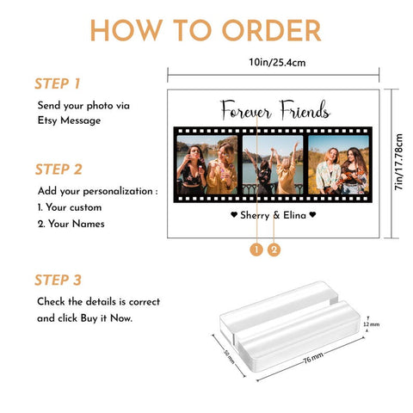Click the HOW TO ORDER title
point(206,30)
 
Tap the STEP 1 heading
point(57,83)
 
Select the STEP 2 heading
point(59,170)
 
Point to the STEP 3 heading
point(58,280)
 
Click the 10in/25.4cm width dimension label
point(277,62)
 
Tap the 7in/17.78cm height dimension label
point(398,162)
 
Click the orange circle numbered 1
point(256,250)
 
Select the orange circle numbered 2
point(274,250)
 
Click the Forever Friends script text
point(274,110)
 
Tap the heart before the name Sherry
point(234,214)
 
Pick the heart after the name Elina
point(312,214)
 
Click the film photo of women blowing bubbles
point(207,165)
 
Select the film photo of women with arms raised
point(273,165)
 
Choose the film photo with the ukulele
point(338,165)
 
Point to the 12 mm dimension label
point(372,324)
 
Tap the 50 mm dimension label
point(229,357)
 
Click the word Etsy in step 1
point(47,120)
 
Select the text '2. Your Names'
point(71,224)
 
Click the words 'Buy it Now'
point(106,318)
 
